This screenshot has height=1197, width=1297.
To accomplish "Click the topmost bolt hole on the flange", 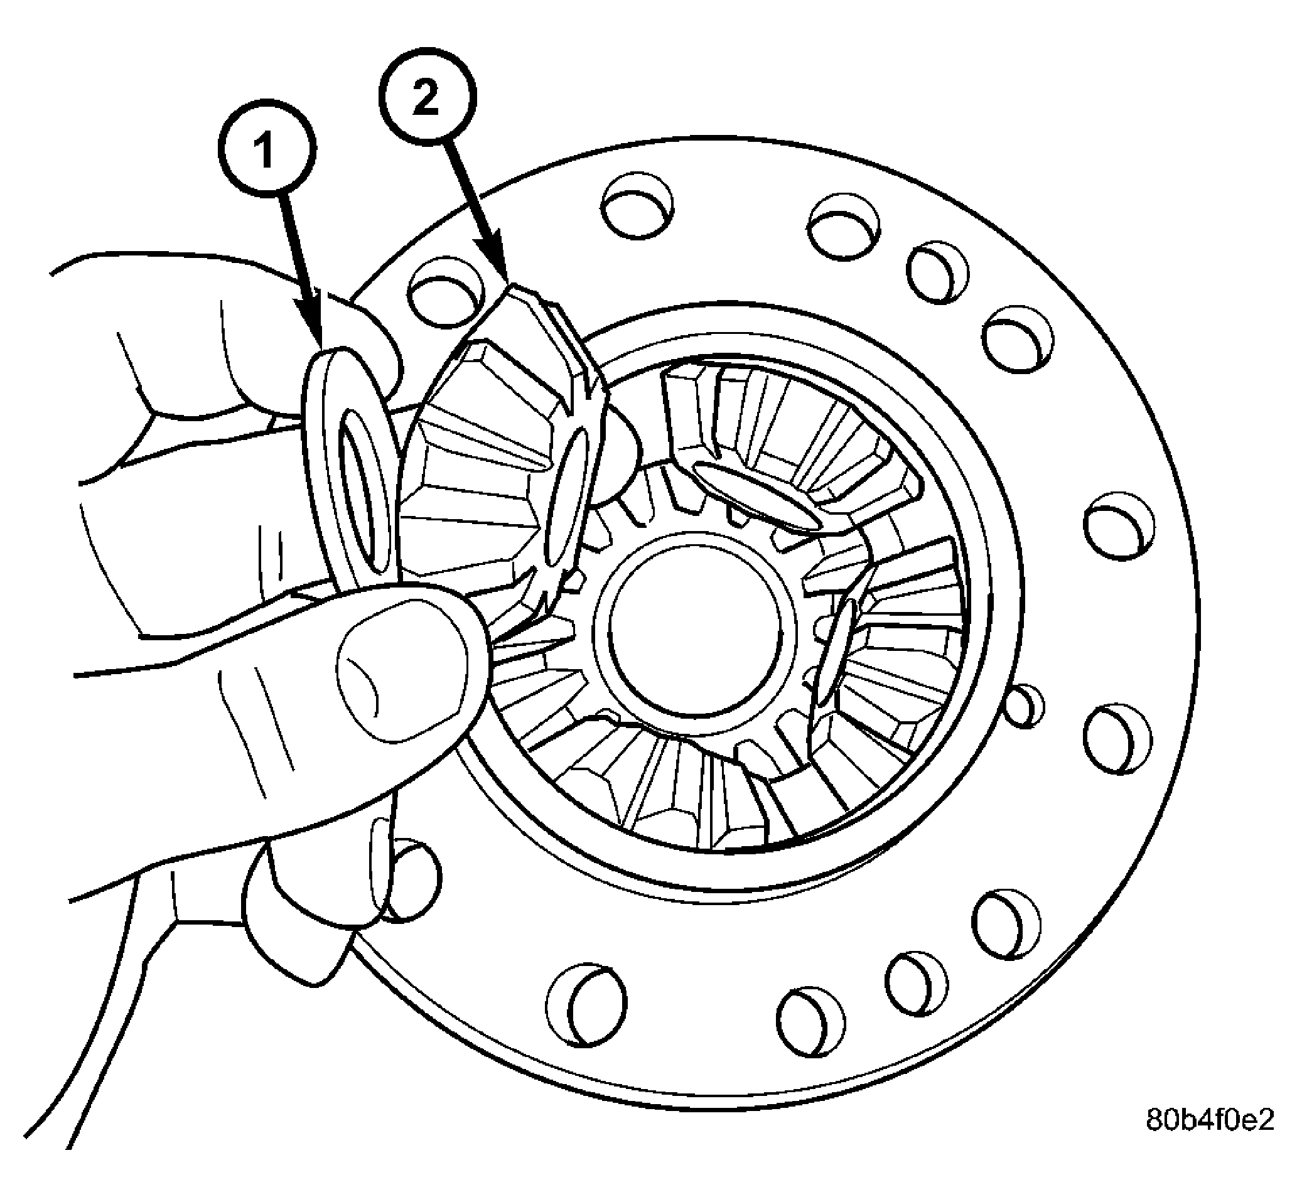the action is click(637, 206).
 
